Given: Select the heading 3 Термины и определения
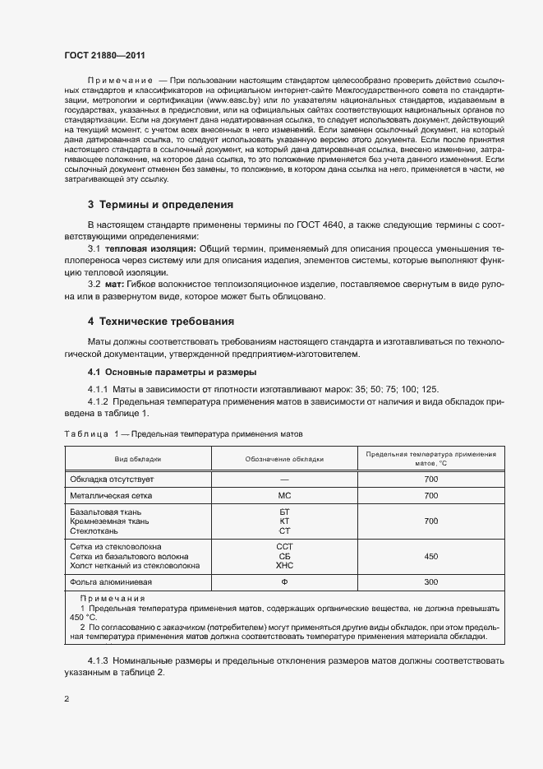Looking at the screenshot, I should pos(160,204).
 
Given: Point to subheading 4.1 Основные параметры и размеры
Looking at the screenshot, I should pos(161,373).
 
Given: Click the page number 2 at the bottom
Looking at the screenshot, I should pos(66,698).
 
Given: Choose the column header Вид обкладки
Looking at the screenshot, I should pos(138,459).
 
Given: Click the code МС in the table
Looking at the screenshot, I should pos(284,496).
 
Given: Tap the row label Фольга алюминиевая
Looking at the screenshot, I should pos(109,582).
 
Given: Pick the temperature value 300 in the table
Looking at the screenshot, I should pos(430,582).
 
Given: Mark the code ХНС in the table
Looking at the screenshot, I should pos(284,566).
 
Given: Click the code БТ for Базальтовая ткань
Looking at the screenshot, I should pos(284,512).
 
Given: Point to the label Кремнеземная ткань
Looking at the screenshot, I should pos(109,521).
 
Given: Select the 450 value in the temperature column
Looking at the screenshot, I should pos(430,556).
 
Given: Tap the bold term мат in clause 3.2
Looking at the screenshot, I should pos(113,284).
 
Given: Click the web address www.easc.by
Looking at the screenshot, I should pos(233,99).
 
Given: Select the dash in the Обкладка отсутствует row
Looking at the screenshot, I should pos(284,478).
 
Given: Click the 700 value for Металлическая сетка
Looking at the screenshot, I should pos(430,496).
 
